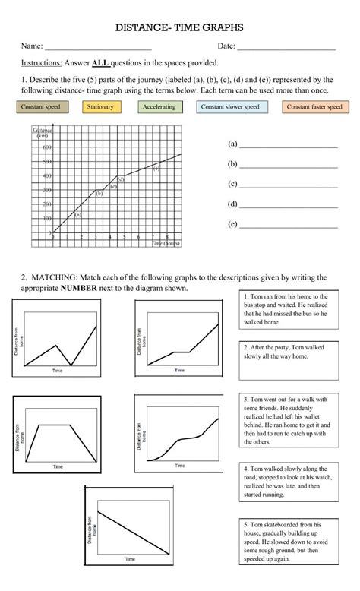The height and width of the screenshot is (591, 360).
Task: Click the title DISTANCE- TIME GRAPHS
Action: (x=179, y=27)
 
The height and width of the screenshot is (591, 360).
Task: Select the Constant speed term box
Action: (x=40, y=107)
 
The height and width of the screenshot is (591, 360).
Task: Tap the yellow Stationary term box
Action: (x=100, y=107)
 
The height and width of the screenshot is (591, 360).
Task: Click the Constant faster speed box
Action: (x=314, y=107)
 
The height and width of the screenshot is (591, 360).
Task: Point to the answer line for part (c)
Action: (x=288, y=185)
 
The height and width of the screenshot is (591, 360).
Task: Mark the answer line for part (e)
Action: (x=288, y=226)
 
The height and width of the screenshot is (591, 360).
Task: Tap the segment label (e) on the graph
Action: (x=156, y=169)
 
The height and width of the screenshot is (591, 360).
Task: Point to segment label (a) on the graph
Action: (x=77, y=214)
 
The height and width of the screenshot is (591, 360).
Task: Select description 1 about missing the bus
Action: (x=285, y=308)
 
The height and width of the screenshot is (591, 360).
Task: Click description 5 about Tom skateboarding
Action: (x=285, y=543)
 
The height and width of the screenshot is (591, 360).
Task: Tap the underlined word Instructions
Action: (x=46, y=63)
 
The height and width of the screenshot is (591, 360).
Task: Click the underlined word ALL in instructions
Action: (x=100, y=63)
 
